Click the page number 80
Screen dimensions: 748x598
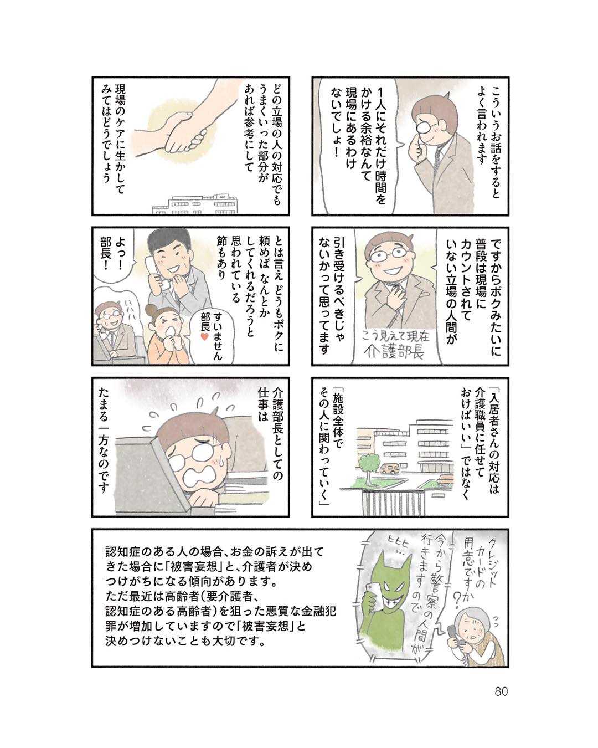(501, 691)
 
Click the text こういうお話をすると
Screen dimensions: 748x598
(496, 141)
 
